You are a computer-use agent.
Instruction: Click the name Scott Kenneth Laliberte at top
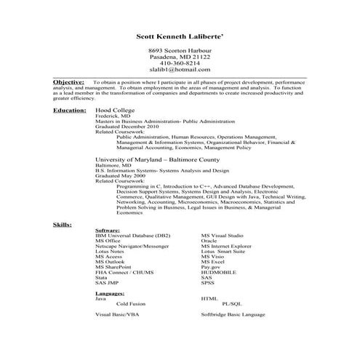coord(180,36)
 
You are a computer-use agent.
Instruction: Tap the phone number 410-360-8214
coord(180,63)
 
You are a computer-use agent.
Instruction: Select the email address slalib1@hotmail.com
coord(180,70)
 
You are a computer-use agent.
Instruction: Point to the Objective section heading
coord(68,83)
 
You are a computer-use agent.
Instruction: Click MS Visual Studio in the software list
coord(222,236)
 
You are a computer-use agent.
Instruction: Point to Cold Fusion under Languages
coord(130,303)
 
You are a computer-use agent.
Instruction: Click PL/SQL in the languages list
coord(233,303)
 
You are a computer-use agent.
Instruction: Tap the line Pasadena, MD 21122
coord(180,56)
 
